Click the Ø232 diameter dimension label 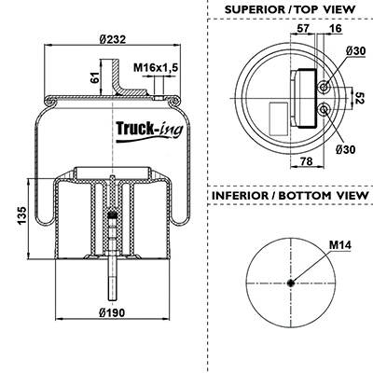pyautogui.click(x=113, y=39)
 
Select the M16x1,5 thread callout pyautogui.click(x=156, y=67)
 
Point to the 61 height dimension pyautogui.click(x=95, y=77)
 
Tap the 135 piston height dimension pyautogui.click(x=22, y=215)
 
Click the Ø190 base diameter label pyautogui.click(x=112, y=312)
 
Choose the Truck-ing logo pyautogui.click(x=149, y=131)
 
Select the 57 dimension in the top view pyautogui.click(x=303, y=28)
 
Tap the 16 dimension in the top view pyautogui.click(x=335, y=28)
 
